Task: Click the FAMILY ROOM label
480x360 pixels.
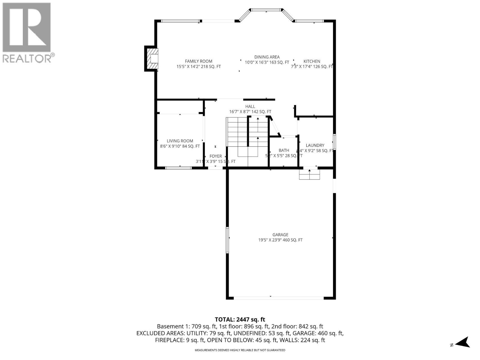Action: [198, 61]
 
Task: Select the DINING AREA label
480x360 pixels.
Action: [267, 57]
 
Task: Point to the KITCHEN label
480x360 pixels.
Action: [312, 61]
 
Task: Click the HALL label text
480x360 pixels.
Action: [250, 106]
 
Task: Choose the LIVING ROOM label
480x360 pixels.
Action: [180, 141]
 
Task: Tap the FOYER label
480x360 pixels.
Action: [215, 156]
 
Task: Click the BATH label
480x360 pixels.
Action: [284, 150]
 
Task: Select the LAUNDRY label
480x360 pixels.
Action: [315, 145]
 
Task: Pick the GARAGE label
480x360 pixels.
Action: [280, 235]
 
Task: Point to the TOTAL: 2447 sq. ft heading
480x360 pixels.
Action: [240, 319]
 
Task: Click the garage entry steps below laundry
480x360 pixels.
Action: [309, 174]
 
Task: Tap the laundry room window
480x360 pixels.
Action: [334, 141]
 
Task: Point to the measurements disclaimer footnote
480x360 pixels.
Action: [240, 350]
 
